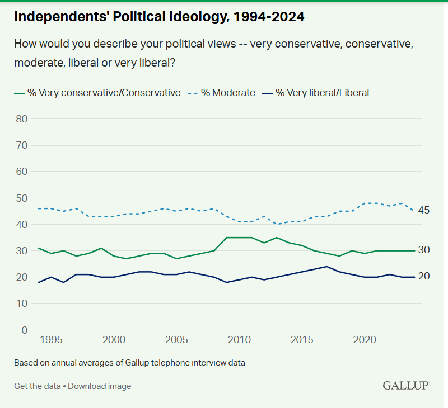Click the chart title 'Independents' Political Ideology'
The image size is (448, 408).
coord(159,17)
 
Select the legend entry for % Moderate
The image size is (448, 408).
coord(227,93)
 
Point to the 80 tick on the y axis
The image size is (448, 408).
coord(22,118)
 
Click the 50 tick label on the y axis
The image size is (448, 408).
coord(22,198)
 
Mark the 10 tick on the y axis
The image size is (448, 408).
coord(22,303)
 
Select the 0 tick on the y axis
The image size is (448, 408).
coord(25,330)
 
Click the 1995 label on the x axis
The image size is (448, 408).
coord(52,340)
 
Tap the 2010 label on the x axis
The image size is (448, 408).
coord(240,340)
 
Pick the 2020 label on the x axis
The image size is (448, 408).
coord(365,340)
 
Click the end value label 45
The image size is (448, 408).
coord(424,211)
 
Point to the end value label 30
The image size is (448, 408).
coord(424,250)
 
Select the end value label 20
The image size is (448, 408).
coord(424,276)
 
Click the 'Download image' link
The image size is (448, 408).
coord(100,386)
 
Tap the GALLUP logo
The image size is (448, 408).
coord(406,386)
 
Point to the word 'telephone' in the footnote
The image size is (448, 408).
coord(160,363)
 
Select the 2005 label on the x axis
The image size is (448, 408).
coord(177,340)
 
